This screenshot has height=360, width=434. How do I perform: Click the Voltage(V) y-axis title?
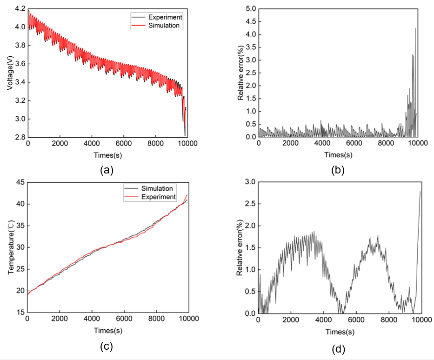click(x=10, y=73)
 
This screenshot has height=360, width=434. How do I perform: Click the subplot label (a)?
click(x=107, y=170)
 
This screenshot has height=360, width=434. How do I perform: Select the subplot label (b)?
click(x=338, y=170)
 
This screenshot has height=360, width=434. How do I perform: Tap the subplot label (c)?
click(x=107, y=346)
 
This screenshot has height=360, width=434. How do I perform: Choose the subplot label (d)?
click(x=338, y=348)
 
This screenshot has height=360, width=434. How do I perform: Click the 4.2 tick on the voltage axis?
click(x=20, y=9)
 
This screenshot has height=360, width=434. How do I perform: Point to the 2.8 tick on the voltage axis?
click(x=20, y=137)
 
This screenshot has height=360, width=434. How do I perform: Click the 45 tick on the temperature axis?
click(x=21, y=182)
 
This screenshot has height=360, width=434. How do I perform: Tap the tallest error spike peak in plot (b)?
click(x=415, y=28)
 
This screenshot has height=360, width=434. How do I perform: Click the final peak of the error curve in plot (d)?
click(x=420, y=191)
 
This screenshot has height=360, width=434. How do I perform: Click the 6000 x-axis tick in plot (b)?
click(x=356, y=145)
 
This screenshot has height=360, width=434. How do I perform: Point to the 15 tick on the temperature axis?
click(x=21, y=313)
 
